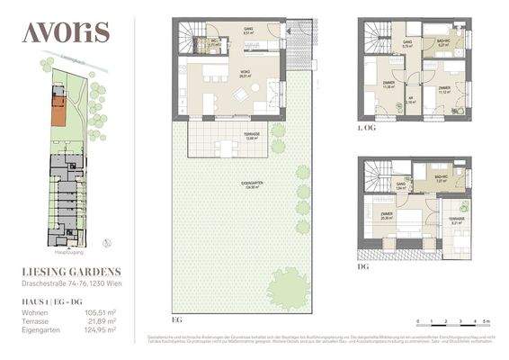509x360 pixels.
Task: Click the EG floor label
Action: point(176,319)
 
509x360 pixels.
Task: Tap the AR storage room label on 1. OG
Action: point(408,99)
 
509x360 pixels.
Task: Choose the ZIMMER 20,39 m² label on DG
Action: point(388,215)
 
